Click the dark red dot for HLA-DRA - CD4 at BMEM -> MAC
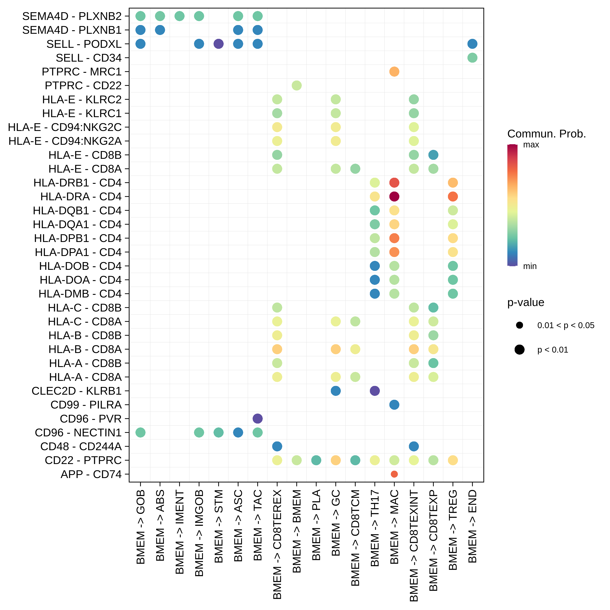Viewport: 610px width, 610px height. (394, 196)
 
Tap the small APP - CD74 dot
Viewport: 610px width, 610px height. (394, 474)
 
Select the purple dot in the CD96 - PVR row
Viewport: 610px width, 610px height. (258, 419)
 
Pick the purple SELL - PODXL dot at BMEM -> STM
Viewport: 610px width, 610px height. (219, 44)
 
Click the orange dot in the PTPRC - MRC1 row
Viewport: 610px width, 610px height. (394, 72)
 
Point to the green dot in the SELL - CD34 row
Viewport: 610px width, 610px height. (472, 58)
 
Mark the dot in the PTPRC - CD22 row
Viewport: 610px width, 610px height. (296, 86)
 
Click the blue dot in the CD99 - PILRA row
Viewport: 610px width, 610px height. (394, 405)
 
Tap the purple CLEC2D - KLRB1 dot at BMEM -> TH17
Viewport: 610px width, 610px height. (375, 391)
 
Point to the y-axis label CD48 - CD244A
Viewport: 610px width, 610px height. (81, 447)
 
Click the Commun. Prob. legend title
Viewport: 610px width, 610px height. (546, 134)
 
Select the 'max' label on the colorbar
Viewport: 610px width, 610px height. (531, 145)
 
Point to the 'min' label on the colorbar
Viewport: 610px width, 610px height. (530, 266)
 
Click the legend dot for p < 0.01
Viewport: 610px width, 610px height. (519, 350)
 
